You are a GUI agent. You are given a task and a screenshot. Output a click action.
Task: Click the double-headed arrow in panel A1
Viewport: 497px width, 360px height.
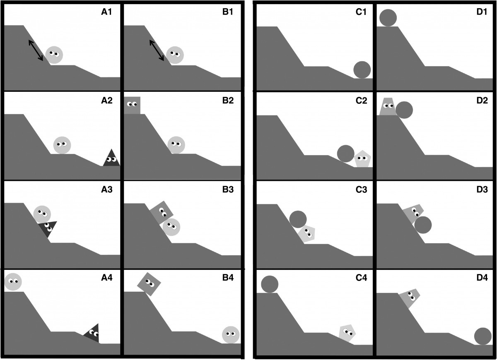click(36, 50)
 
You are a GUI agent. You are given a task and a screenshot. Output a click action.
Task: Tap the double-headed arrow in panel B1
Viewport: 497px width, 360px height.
click(157, 50)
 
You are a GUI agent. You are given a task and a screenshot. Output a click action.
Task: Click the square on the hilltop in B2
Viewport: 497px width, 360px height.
click(132, 105)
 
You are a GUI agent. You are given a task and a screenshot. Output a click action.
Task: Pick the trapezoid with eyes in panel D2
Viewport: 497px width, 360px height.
click(388, 106)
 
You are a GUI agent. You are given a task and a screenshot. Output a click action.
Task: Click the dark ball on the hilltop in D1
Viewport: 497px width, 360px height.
click(388, 18)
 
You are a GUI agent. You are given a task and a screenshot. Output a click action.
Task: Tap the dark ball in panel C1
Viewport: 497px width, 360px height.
click(362, 70)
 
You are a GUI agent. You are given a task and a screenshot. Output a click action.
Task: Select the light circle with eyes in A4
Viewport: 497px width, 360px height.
click(13, 281)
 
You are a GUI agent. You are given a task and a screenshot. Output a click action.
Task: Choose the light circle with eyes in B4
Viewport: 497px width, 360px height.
click(231, 335)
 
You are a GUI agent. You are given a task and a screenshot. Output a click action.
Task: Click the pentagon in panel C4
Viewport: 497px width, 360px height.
click(347, 333)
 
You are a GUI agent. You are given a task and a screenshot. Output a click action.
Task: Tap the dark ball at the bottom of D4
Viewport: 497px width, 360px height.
click(483, 336)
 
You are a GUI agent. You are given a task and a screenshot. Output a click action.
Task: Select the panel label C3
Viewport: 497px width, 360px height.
click(361, 190)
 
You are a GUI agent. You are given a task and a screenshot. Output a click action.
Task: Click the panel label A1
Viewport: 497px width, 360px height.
click(106, 12)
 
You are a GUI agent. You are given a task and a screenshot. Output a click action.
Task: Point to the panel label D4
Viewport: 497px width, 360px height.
click(482, 278)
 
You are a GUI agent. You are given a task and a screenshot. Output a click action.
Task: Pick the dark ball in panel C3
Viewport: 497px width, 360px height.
click(298, 219)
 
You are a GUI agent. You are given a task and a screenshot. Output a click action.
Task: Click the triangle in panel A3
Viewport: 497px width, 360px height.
click(48, 228)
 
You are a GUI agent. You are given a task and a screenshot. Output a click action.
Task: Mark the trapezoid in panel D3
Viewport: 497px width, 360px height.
click(413, 214)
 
